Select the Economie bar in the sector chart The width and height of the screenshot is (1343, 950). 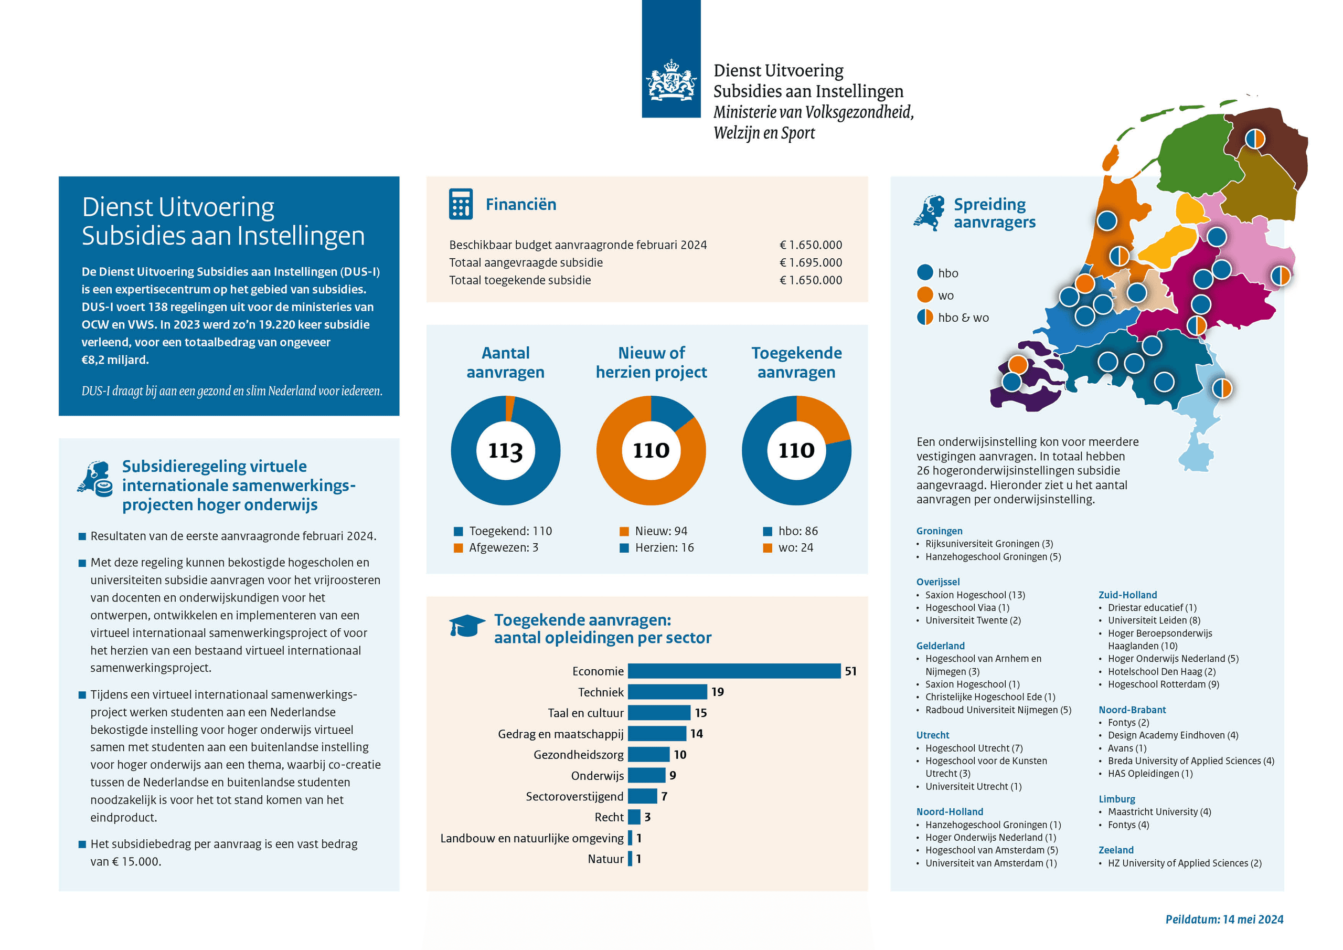point(733,671)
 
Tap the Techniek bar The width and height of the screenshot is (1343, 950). point(667,692)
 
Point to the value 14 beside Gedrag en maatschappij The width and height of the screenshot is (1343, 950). point(696,733)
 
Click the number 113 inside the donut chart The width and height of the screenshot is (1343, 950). point(505,450)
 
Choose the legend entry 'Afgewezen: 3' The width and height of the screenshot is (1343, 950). point(496,548)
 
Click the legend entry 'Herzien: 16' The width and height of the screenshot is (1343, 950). point(657,548)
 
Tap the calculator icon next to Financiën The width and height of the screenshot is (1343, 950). point(460,204)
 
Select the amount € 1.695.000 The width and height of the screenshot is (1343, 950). point(811,262)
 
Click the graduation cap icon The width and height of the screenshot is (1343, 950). point(466,625)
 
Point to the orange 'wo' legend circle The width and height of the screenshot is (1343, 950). point(925,295)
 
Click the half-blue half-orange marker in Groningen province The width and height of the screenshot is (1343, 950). point(1255,139)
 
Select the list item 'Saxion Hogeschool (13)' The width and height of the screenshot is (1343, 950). point(975,595)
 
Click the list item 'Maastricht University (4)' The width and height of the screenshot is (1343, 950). point(1159,812)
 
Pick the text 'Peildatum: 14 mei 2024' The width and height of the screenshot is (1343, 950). point(1224,919)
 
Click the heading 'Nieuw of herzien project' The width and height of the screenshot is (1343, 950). point(651,362)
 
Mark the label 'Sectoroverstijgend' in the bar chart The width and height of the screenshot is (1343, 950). point(574,796)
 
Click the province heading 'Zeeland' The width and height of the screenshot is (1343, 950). point(1115,850)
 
